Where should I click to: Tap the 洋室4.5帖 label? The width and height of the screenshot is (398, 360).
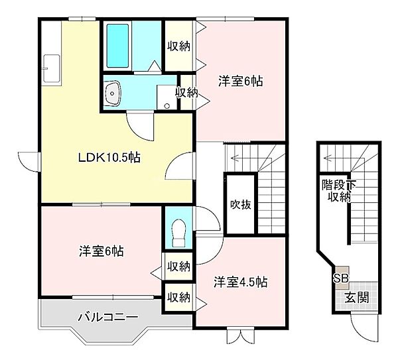[240, 282]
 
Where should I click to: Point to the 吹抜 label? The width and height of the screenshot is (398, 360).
[240, 204]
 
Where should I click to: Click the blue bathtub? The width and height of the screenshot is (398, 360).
[118, 45]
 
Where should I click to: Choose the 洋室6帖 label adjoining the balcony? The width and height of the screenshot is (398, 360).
[101, 251]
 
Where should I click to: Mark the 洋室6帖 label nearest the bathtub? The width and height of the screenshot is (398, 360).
[241, 82]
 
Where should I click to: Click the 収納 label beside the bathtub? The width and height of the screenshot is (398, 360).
[179, 46]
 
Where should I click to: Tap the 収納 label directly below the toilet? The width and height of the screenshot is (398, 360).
[178, 266]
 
